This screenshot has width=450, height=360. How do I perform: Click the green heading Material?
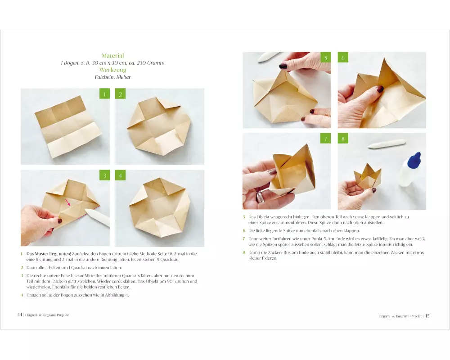pyautogui.click(x=113, y=56)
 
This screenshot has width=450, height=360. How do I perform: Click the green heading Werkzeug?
pyautogui.click(x=113, y=70)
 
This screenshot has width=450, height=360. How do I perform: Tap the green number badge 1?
pyautogui.click(x=104, y=94)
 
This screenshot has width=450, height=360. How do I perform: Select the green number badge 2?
pyautogui.click(x=120, y=94)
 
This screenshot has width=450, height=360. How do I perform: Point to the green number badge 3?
pyautogui.click(x=104, y=175)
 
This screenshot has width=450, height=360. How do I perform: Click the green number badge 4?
pyautogui.click(x=120, y=175)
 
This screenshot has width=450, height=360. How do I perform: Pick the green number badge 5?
pyautogui.click(x=325, y=58)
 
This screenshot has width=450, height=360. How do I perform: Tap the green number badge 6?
pyautogui.click(x=343, y=58)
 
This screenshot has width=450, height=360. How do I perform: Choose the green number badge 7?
pyautogui.click(x=325, y=139)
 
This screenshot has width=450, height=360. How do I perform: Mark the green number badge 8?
pyautogui.click(x=343, y=139)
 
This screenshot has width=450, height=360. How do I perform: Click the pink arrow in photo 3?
pyautogui.click(x=68, y=202)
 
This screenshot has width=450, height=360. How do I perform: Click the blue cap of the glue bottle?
pyautogui.click(x=415, y=159)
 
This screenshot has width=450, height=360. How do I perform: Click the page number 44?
pyautogui.click(x=19, y=315)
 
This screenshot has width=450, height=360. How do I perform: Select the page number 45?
pyautogui.click(x=427, y=316)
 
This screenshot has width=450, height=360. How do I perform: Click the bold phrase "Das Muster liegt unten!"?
pyautogui.click(x=49, y=254)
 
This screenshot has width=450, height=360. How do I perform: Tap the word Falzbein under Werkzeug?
pyautogui.click(x=104, y=77)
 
